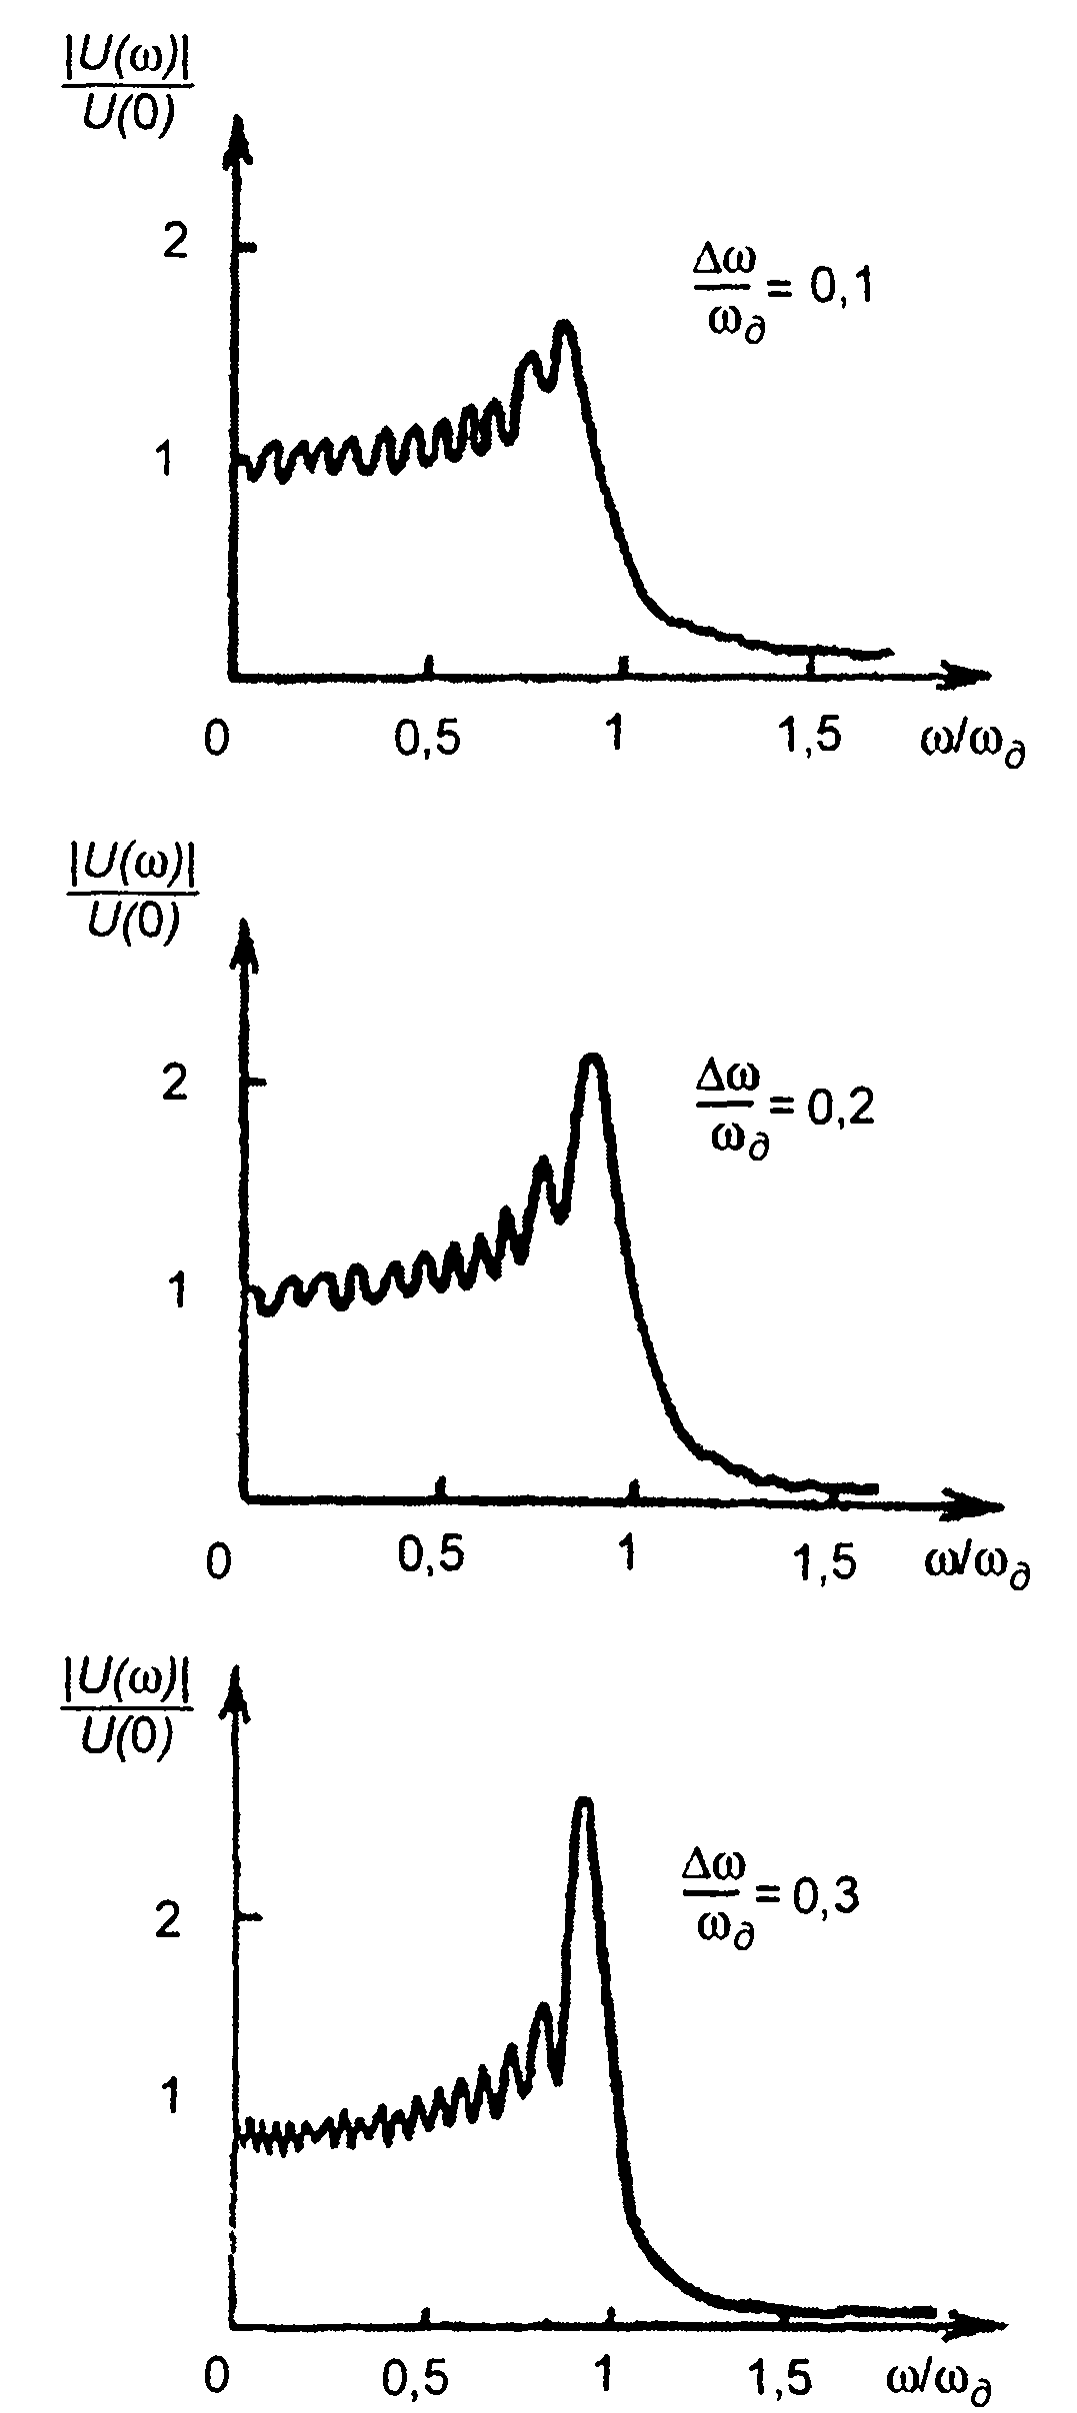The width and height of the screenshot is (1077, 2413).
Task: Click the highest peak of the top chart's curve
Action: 565,326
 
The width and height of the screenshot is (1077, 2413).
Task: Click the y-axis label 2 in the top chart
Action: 177,243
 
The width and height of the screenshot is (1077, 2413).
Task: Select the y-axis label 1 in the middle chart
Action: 179,1291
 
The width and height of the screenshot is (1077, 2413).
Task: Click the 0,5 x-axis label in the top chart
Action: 430,740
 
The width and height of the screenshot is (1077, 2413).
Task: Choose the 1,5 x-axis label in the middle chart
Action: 827,1561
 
